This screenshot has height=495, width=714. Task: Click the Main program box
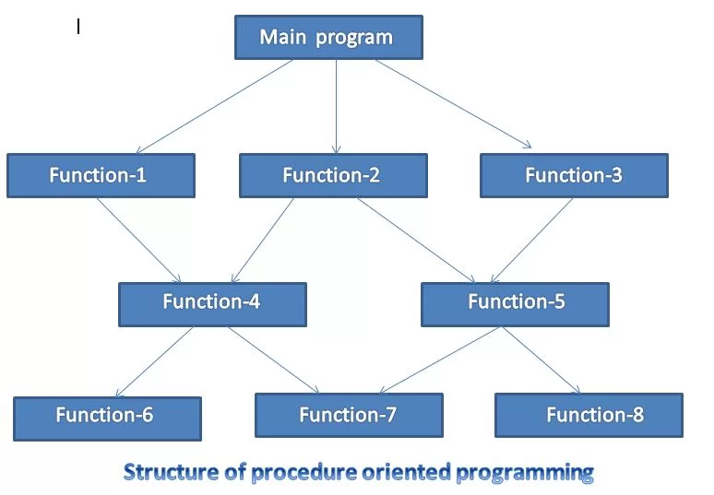click(x=327, y=38)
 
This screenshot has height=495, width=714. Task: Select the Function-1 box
click(x=101, y=175)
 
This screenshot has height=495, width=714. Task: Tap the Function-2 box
click(x=333, y=175)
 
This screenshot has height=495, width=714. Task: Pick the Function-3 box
click(x=574, y=175)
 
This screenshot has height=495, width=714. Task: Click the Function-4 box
click(x=212, y=303)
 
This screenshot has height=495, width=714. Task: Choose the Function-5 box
click(x=515, y=303)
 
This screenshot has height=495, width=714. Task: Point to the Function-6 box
click(x=107, y=418)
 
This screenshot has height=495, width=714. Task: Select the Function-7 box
click(x=349, y=415)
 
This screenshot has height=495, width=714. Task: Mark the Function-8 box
click(x=589, y=415)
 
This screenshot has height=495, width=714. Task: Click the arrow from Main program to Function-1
click(x=215, y=106)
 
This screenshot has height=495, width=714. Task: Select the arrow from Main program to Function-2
click(x=336, y=106)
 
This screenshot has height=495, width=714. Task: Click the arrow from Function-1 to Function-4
click(x=138, y=240)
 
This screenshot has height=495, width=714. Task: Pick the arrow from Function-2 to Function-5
click(x=416, y=240)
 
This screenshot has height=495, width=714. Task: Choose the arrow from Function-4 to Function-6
click(x=155, y=361)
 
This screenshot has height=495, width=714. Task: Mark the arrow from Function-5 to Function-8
click(x=541, y=360)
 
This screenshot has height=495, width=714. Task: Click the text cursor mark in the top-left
click(x=78, y=28)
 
